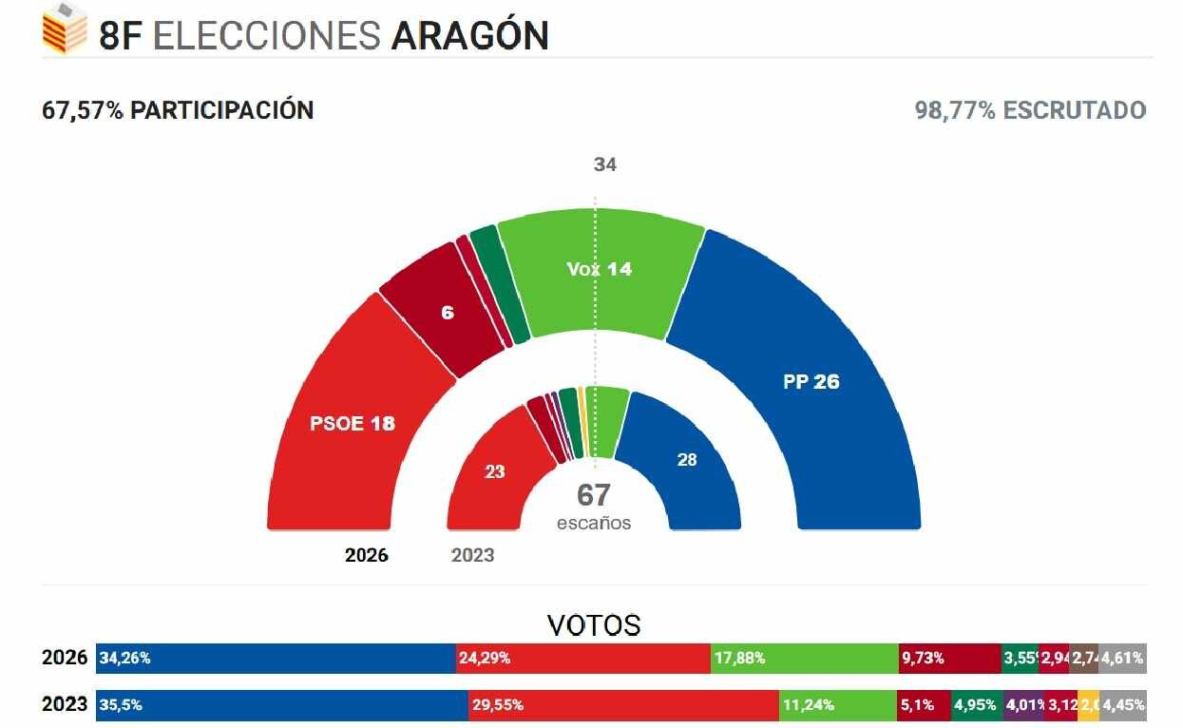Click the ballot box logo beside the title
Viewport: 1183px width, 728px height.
coord(65,29)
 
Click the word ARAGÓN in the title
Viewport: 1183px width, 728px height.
coord(470,36)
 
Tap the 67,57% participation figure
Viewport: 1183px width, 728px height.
coord(83,110)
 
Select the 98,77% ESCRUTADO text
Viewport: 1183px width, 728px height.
coord(1030,110)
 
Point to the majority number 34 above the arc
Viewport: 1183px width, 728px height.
coord(605,164)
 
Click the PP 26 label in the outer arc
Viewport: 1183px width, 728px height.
coord(811,382)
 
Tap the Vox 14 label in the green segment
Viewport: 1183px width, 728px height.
coord(599,269)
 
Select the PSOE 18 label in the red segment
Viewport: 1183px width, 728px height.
coord(352,423)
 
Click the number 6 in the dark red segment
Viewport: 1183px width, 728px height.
coord(448,312)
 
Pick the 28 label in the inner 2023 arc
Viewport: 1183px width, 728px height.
coord(687,460)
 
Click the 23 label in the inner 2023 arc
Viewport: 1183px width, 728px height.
coord(495,470)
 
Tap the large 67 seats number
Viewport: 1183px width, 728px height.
coord(594,495)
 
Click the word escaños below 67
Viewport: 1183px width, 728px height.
coord(594,523)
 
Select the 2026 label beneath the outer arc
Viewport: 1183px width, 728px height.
coord(367,555)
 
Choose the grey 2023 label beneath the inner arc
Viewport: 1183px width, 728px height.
coord(472,555)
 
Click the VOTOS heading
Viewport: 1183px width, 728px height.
coord(594,624)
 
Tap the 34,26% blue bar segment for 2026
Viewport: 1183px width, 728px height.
coord(276,658)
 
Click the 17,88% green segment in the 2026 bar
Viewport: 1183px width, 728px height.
coord(804,658)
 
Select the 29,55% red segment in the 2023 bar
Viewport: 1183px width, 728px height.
coord(624,705)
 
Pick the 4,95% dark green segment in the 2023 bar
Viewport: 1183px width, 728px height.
coord(976,705)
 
